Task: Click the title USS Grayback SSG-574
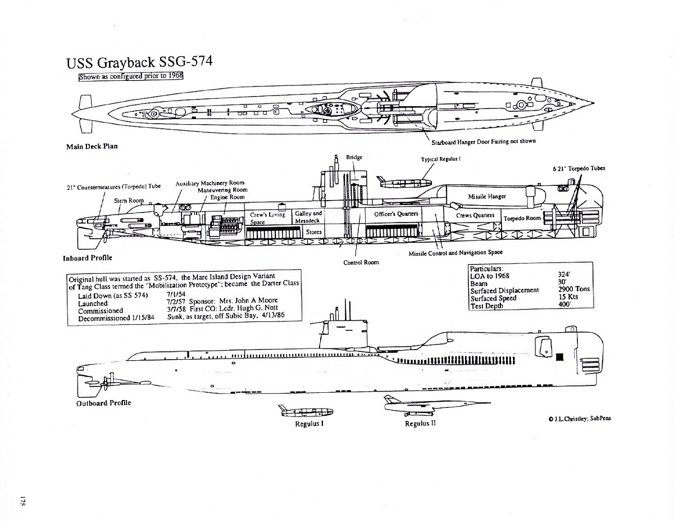[x=139, y=62]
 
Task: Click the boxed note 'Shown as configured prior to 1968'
[x=132, y=76]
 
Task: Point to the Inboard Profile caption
[x=88, y=258]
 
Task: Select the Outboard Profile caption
[x=104, y=403]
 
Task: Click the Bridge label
[x=354, y=157]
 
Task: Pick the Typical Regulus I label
[x=441, y=160]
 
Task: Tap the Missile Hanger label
[x=487, y=197]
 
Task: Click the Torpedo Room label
[x=522, y=218]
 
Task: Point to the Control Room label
[x=361, y=262]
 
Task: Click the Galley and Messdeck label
[x=308, y=217]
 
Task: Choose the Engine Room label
[x=228, y=198]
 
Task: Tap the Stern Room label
[x=129, y=201]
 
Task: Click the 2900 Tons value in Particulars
[x=571, y=289]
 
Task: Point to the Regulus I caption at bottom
[x=309, y=424]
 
